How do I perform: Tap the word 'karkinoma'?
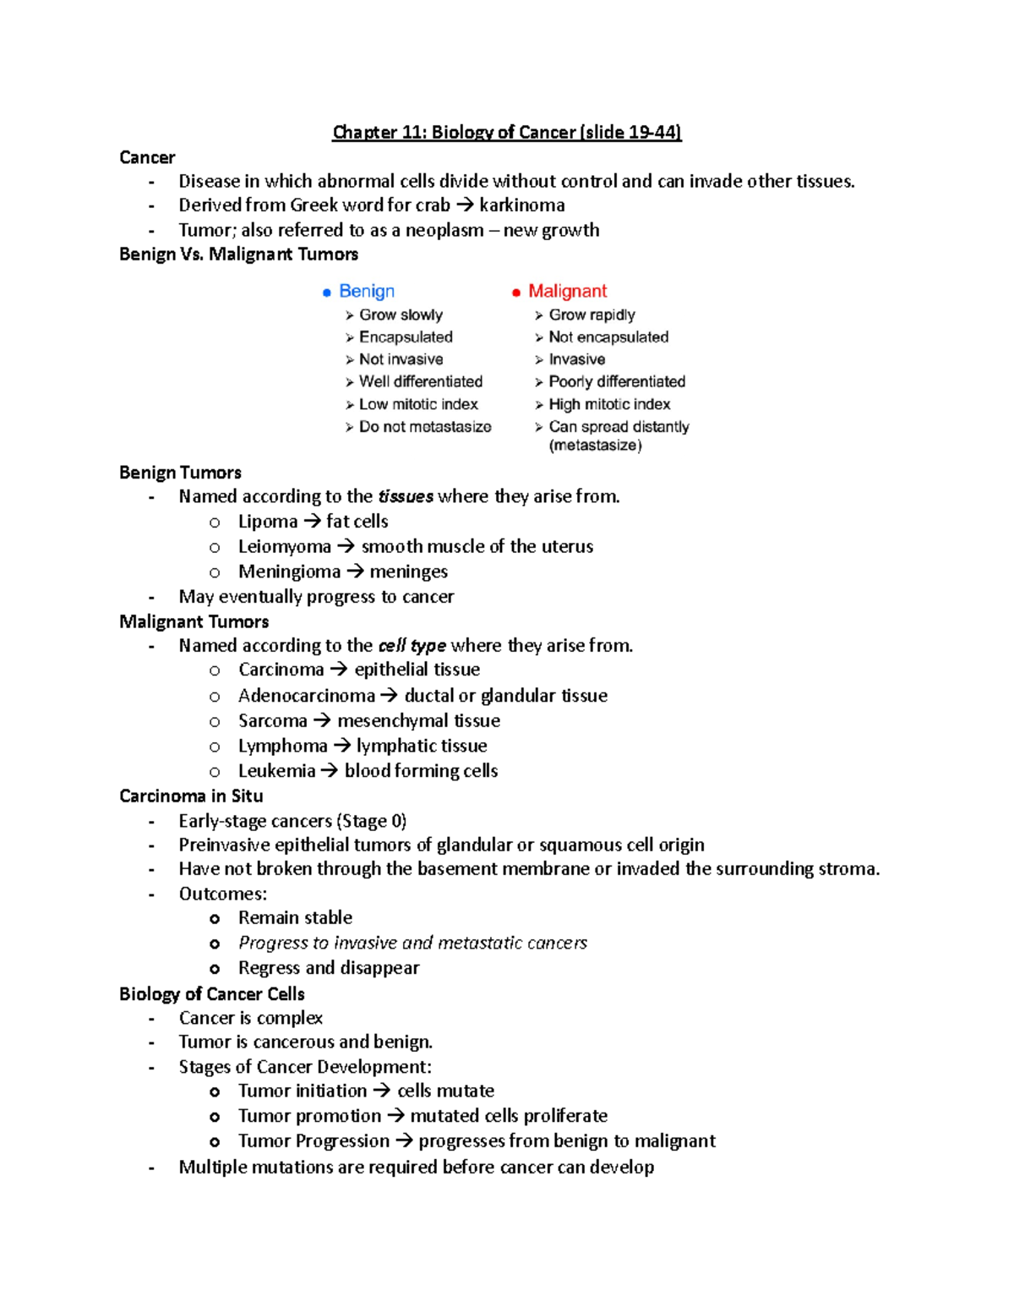[x=521, y=205]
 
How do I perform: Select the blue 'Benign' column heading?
[x=367, y=291]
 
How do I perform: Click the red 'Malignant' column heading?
[x=567, y=291]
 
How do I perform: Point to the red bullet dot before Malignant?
[x=515, y=293]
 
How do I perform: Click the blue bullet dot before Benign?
[x=327, y=293]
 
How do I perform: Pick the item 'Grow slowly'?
[x=401, y=315]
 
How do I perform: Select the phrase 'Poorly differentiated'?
[x=617, y=381]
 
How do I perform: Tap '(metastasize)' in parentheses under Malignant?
[x=595, y=446]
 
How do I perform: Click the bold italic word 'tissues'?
[x=406, y=496]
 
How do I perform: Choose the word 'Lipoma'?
[x=268, y=522]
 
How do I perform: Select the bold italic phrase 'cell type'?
[x=412, y=646]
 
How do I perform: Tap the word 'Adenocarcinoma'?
[x=306, y=696]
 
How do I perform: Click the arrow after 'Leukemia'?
[x=329, y=771]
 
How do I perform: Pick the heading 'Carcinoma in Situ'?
[x=191, y=796]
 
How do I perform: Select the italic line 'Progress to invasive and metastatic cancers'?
[x=412, y=943]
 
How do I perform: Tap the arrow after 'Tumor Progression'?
[x=403, y=1141]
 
